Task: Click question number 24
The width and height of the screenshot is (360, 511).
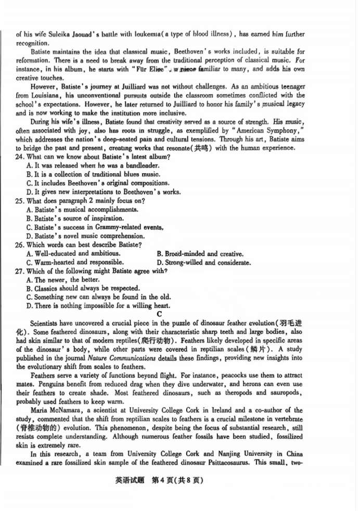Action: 20,157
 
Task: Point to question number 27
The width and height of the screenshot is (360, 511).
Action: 20,271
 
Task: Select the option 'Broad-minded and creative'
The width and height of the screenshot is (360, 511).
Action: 200,254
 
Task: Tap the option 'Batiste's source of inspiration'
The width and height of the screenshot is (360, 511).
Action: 75,219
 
